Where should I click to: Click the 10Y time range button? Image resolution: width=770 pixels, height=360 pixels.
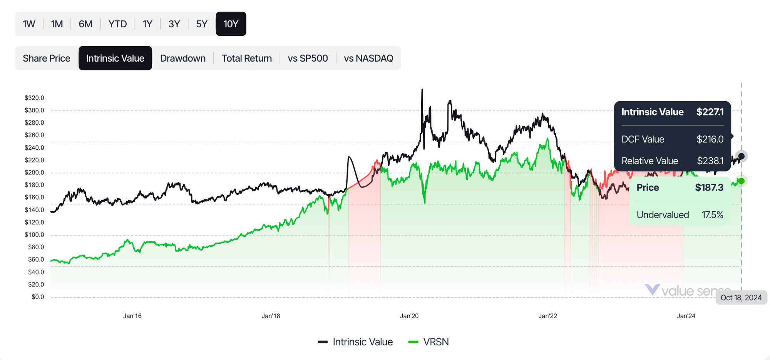(231, 24)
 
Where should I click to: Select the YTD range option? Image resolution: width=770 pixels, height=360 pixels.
(117, 24)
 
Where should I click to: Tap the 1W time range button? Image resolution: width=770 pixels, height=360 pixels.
(29, 24)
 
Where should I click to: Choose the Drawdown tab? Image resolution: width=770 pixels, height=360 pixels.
(182, 58)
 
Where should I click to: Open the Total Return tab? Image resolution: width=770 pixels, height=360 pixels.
(246, 58)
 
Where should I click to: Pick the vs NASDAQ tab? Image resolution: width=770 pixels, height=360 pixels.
(368, 58)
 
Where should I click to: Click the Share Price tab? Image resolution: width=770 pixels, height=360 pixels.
(47, 58)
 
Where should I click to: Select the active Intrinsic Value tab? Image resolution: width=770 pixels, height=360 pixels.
(115, 58)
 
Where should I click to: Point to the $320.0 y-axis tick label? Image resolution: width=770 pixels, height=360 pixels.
(34, 98)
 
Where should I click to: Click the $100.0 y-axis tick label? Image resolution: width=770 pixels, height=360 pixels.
(34, 234)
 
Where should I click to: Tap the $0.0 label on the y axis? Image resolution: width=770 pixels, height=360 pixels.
(38, 297)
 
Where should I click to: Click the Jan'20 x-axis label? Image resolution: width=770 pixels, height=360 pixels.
(409, 316)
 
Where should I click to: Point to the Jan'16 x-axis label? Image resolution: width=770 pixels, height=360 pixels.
(132, 316)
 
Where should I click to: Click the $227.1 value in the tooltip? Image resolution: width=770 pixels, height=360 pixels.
(710, 112)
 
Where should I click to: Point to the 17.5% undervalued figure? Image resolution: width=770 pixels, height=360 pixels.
(712, 215)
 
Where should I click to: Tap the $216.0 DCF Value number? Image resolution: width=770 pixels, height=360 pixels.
(710, 139)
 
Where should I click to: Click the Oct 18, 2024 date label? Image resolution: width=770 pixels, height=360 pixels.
(741, 298)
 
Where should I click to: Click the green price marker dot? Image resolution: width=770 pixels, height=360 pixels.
(741, 181)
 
